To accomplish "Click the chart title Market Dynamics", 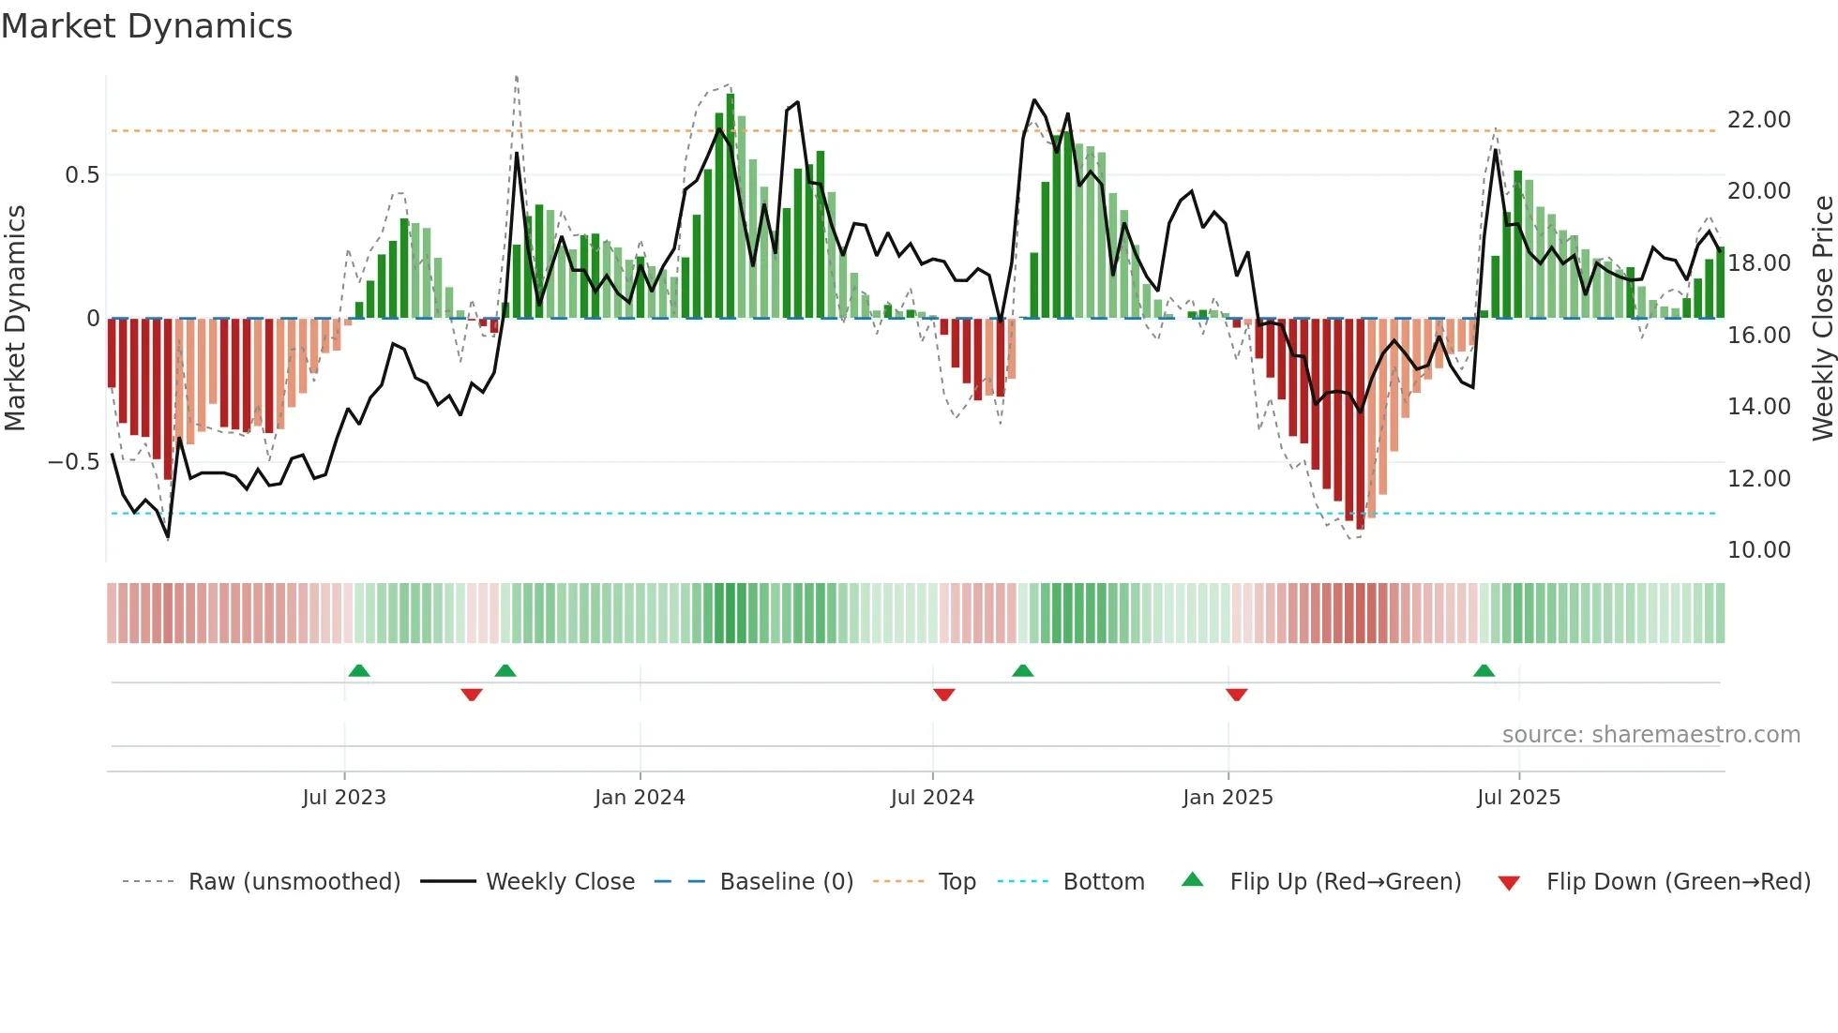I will click(x=146, y=26).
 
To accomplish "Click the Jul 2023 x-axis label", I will click(x=344, y=798).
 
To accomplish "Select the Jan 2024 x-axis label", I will click(x=640, y=798).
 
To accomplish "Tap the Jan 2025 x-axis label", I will click(x=1228, y=798).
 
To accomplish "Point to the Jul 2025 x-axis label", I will click(x=1518, y=798).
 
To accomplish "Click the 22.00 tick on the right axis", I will click(x=1758, y=120).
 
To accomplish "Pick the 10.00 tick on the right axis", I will click(x=1758, y=550).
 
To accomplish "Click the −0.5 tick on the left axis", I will click(x=74, y=462).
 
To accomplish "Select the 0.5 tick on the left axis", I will click(x=82, y=175).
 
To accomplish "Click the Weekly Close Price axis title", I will click(x=1822, y=319).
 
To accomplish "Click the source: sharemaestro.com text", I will click(x=1650, y=735).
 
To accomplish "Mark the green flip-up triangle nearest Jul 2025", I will click(x=1484, y=670).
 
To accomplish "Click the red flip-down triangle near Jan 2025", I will click(x=1236, y=695).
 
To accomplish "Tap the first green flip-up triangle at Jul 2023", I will click(x=359, y=670).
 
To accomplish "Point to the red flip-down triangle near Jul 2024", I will click(x=944, y=695).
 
